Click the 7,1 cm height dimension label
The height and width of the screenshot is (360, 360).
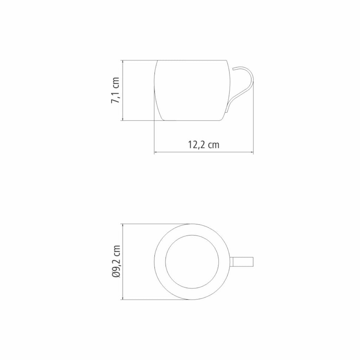coord(115,90)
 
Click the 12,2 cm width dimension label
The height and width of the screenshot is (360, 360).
coord(204,144)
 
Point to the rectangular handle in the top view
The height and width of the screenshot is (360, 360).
coord(243,262)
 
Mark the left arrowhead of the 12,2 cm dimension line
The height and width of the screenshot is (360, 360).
coord(155,152)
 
